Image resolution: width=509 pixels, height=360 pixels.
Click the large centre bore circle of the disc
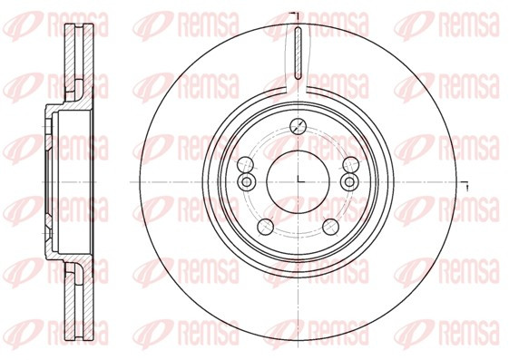pyautogui.click(x=267, y=181)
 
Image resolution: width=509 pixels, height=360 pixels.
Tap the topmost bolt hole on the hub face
pyautogui.click(x=298, y=126)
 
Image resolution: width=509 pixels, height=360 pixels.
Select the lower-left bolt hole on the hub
pyautogui.click(x=265, y=227)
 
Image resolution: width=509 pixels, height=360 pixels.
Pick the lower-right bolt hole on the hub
pyautogui.click(x=331, y=227)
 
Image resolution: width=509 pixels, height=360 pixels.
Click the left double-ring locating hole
pyautogui.click(x=247, y=181)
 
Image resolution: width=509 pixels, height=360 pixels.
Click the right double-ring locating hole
pyautogui.click(x=349, y=181)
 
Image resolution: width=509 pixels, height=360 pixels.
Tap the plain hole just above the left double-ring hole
pyautogui.click(x=245, y=164)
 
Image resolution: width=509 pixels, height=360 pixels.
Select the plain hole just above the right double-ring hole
pyautogui.click(x=350, y=164)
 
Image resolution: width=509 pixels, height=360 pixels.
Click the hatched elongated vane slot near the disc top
pyautogui.click(x=299, y=54)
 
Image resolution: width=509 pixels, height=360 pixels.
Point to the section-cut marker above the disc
pyautogui.click(x=295, y=15)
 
